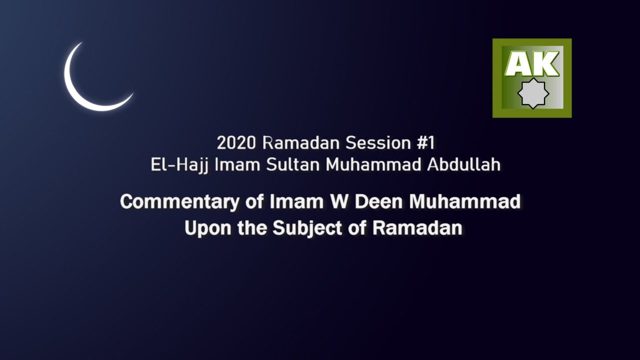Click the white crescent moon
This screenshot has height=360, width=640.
(82, 92)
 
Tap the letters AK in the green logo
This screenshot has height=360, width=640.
(531, 64)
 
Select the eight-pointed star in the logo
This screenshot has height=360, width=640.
(532, 93)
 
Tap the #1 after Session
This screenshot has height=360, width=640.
(425, 143)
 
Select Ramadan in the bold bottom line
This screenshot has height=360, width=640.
(417, 228)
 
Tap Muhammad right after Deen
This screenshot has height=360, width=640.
(465, 202)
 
